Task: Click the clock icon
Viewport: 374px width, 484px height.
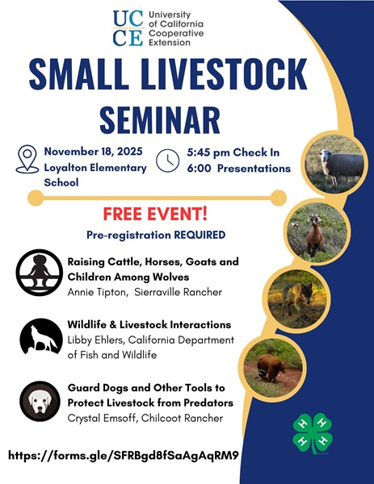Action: [x=167, y=160]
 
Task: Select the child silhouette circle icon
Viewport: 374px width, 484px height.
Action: [x=37, y=272]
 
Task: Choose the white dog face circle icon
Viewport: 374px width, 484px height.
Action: [x=37, y=401]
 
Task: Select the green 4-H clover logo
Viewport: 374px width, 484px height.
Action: [x=312, y=434]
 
